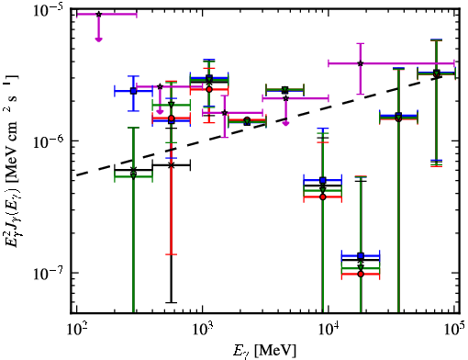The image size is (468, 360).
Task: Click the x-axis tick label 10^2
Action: coord(77,331)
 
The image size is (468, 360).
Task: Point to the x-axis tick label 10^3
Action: coord(203,331)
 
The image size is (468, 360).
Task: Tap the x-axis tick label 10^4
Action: coord(329,331)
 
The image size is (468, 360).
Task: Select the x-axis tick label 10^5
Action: coord(455,331)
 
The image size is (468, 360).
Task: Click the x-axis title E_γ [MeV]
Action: coord(264,351)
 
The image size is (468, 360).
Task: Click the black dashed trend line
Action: coord(259,126)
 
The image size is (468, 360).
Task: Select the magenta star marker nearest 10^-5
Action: coord(98,14)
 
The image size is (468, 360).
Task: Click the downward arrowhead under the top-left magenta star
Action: coord(98,39)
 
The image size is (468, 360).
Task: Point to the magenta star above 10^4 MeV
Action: coord(361,63)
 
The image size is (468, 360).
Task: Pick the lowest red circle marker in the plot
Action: coord(361,274)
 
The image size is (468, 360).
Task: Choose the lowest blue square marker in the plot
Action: coord(361,255)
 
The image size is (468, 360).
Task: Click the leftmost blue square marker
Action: coord(133,91)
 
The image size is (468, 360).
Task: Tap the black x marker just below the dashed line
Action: coord(172,165)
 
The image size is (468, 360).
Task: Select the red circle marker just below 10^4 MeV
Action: coord(323,197)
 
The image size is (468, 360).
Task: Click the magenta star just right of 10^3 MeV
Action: coord(225,113)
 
